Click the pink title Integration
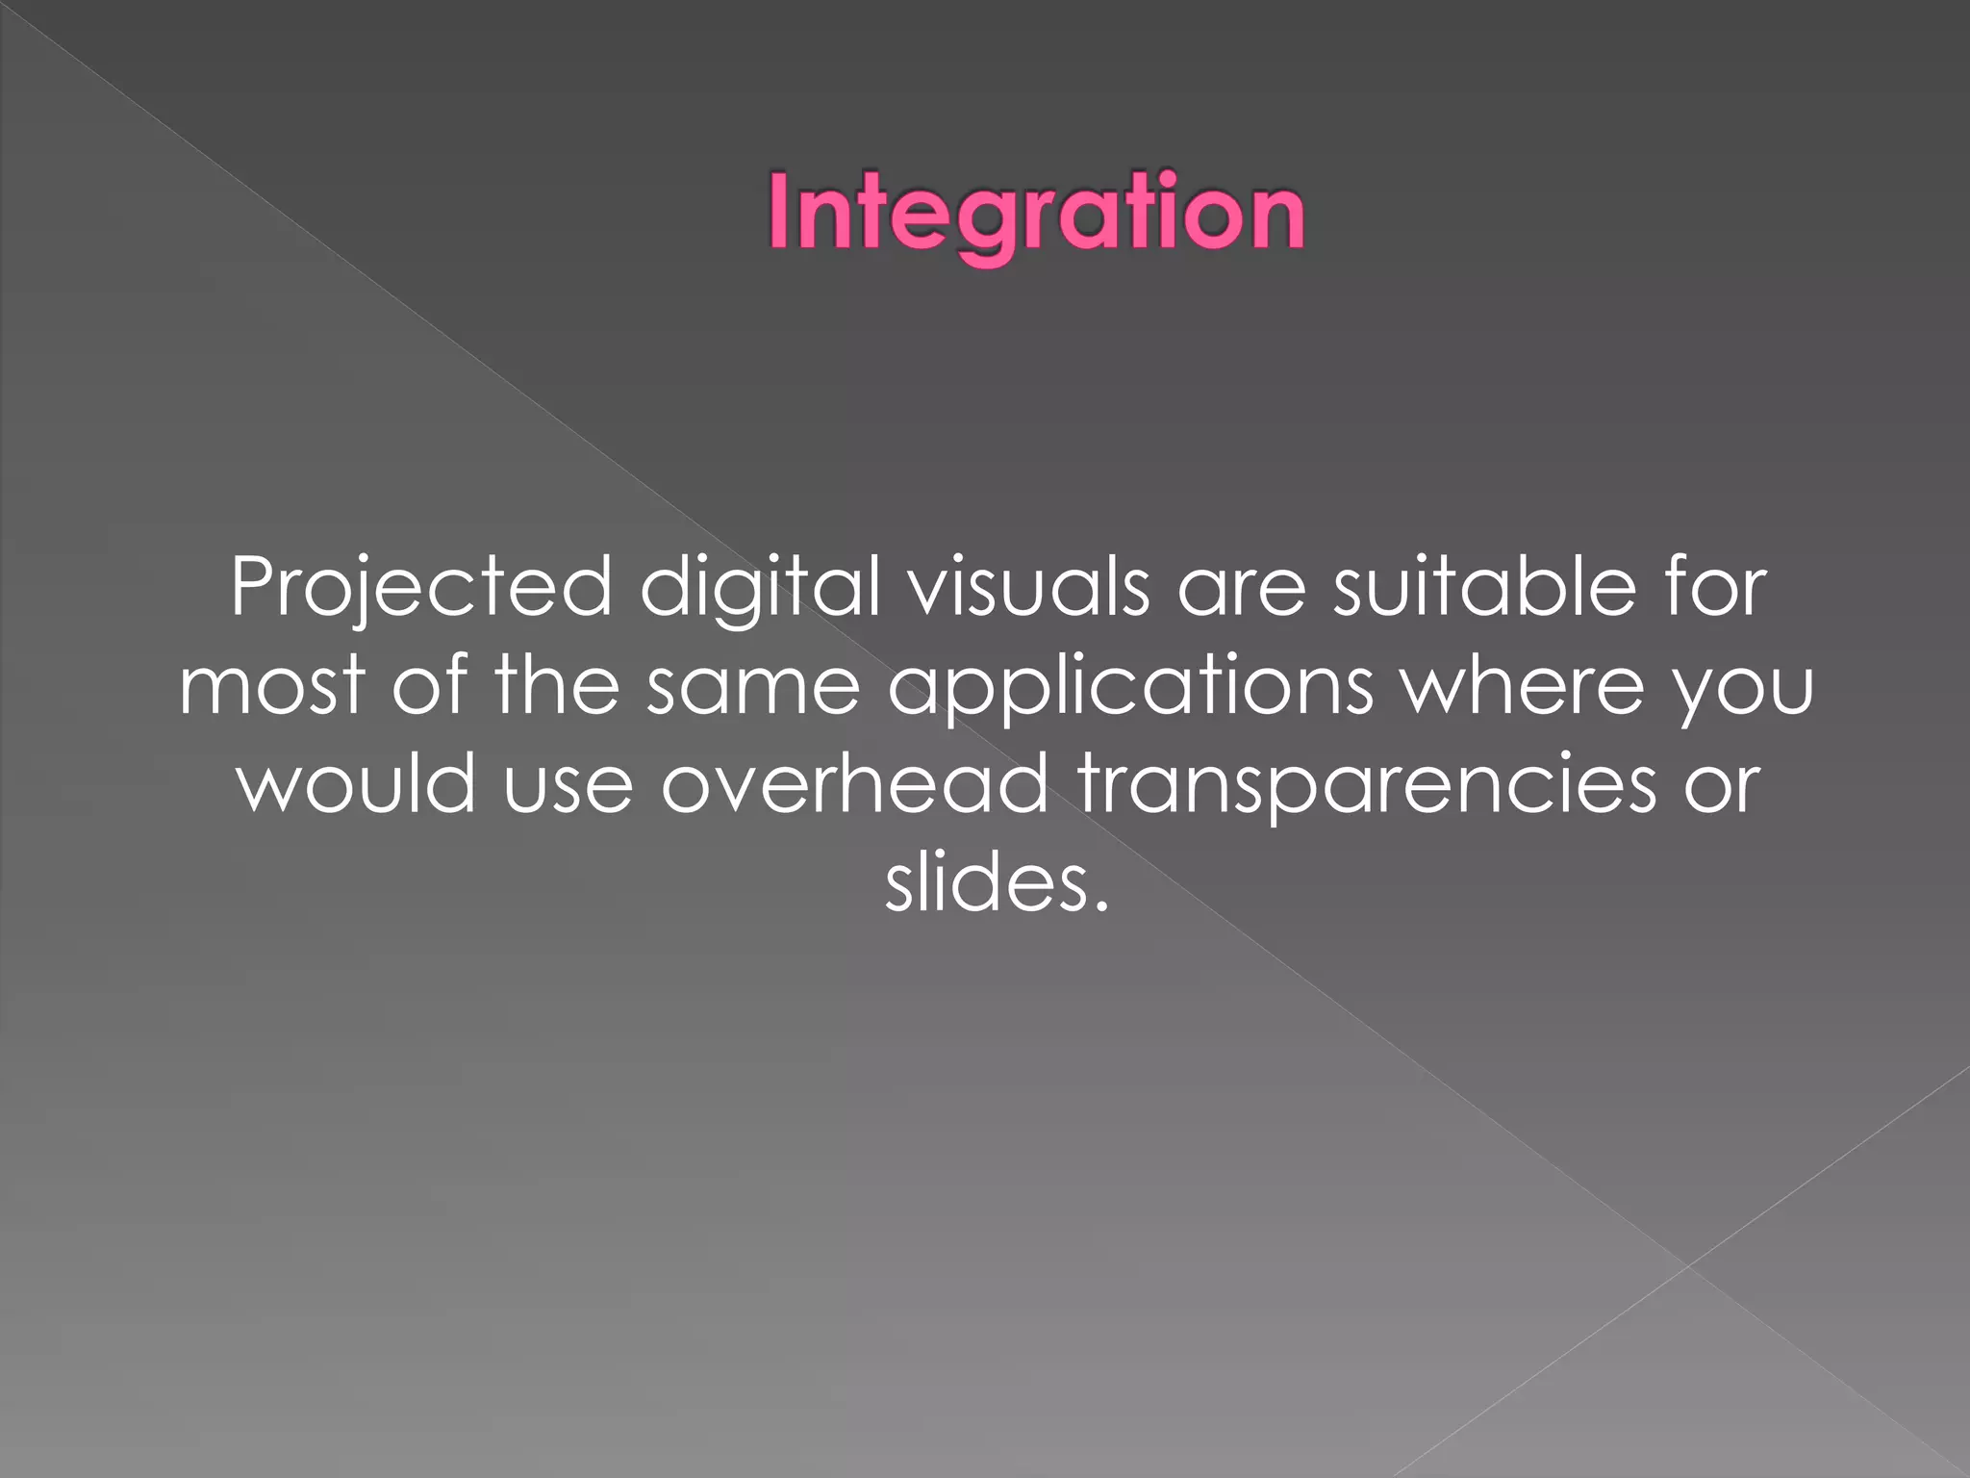point(1036,213)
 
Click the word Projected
point(421,588)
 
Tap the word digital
point(760,588)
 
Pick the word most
point(272,686)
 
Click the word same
point(752,686)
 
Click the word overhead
point(854,782)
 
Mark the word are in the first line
point(1241,588)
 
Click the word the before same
point(557,684)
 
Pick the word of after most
point(429,684)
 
